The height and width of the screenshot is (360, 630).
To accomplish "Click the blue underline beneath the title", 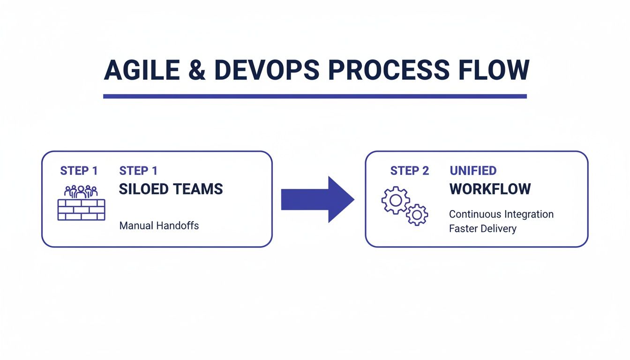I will coord(315,96).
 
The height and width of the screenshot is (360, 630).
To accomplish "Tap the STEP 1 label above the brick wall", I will coord(79,171).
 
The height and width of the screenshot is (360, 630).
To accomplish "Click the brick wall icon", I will coord(81,209).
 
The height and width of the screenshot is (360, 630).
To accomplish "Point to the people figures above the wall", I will coord(81,191).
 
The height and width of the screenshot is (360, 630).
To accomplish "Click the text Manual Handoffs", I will coord(159,226).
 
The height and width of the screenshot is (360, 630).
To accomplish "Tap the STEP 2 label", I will coord(409,171).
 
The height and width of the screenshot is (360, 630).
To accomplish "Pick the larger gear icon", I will coord(396,201).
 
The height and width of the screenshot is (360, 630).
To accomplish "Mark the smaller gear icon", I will coord(417,215).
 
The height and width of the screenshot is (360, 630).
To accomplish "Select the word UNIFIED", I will coord(473,171).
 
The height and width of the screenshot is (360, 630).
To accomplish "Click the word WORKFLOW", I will coord(490,189).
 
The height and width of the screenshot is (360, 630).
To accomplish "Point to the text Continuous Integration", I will coord(501,215).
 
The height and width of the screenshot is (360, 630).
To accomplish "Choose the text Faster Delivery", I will coord(482,229).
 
